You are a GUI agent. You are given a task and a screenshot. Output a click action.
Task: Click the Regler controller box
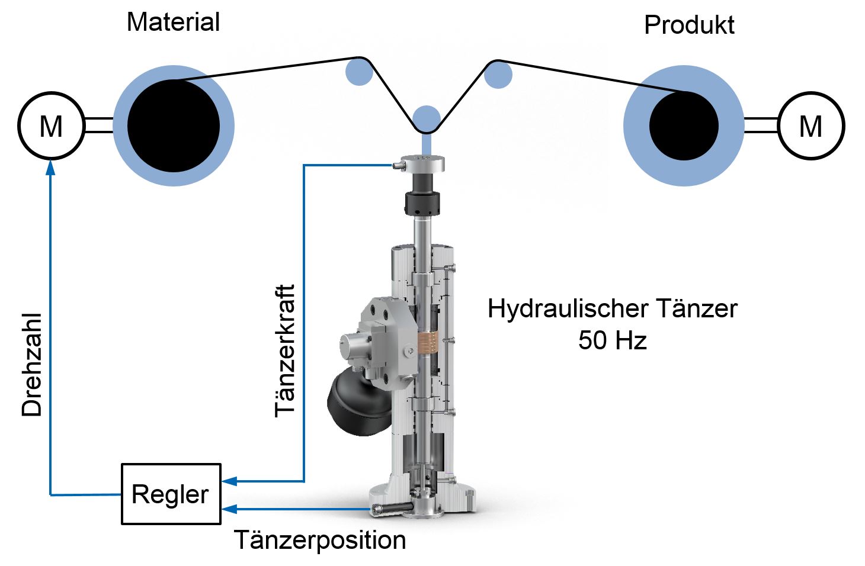click(x=171, y=494)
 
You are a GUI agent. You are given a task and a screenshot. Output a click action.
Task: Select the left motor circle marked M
click(x=51, y=126)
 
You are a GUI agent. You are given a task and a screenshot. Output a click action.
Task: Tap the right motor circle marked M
click(x=810, y=126)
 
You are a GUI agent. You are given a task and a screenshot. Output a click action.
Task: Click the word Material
click(x=173, y=22)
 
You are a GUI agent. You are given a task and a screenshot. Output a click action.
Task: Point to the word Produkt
click(x=689, y=25)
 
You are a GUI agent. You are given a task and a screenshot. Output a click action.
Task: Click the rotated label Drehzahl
click(x=32, y=365)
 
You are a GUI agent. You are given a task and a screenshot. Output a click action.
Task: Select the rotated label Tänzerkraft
click(x=285, y=350)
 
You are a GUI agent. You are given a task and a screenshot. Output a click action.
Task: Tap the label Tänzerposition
click(x=320, y=540)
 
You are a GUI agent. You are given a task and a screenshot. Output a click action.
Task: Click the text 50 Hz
click(x=612, y=340)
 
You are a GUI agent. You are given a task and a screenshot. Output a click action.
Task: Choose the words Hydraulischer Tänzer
click(x=612, y=308)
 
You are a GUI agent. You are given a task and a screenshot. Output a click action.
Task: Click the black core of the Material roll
click(x=173, y=126)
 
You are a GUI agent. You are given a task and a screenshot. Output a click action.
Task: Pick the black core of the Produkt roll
click(x=684, y=126)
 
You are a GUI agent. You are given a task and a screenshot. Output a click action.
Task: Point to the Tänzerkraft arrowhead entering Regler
click(x=229, y=481)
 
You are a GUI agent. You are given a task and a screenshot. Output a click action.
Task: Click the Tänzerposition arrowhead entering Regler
click(x=229, y=509)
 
